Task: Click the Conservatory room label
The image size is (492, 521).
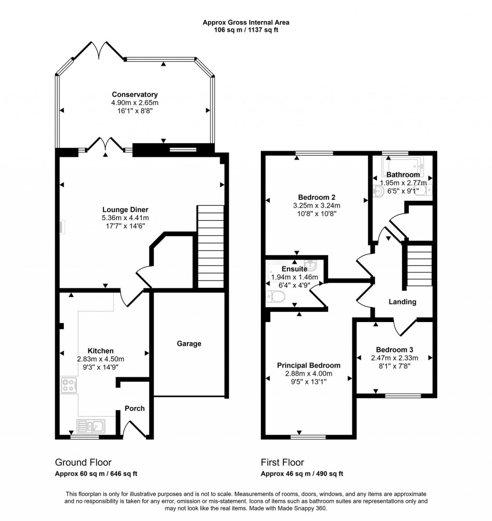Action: coord(135,95)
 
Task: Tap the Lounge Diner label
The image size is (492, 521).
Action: coord(125,210)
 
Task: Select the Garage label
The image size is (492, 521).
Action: coord(189,344)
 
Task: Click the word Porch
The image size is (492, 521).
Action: coord(135,409)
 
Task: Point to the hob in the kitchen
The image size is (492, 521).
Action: coord(69,385)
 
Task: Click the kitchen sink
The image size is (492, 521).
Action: coord(91,426)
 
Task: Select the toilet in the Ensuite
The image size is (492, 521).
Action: coord(275,297)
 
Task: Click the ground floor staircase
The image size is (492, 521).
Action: coord(210,247)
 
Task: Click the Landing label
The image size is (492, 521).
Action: coord(402,302)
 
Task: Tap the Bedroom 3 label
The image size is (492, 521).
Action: coord(394,349)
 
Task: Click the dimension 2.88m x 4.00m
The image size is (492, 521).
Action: coord(308,373)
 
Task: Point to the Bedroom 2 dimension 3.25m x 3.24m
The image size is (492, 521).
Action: coord(317,206)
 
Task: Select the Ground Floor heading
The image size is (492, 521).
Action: coord(83,462)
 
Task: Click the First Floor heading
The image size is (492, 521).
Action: coord(283,462)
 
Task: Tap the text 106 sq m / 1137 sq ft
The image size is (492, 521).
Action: coord(246,30)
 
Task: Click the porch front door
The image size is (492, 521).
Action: coord(134,429)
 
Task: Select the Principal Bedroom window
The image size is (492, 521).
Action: coord(308,437)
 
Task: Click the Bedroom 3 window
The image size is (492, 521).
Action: coord(403,396)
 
